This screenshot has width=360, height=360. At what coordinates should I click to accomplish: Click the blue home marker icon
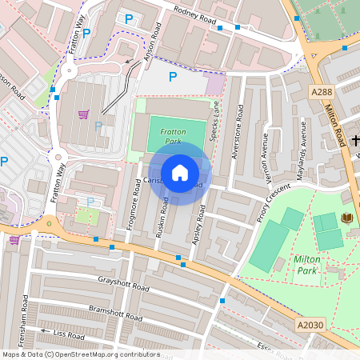(180, 172)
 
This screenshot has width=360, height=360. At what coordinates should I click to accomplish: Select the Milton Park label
(306, 265)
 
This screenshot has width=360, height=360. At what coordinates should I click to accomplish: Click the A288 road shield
(322, 93)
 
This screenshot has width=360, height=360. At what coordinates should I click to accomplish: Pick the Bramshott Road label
(116, 313)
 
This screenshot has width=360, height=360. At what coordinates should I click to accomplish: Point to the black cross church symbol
(355, 142)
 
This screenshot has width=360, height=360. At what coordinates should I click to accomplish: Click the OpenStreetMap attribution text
(80, 354)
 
